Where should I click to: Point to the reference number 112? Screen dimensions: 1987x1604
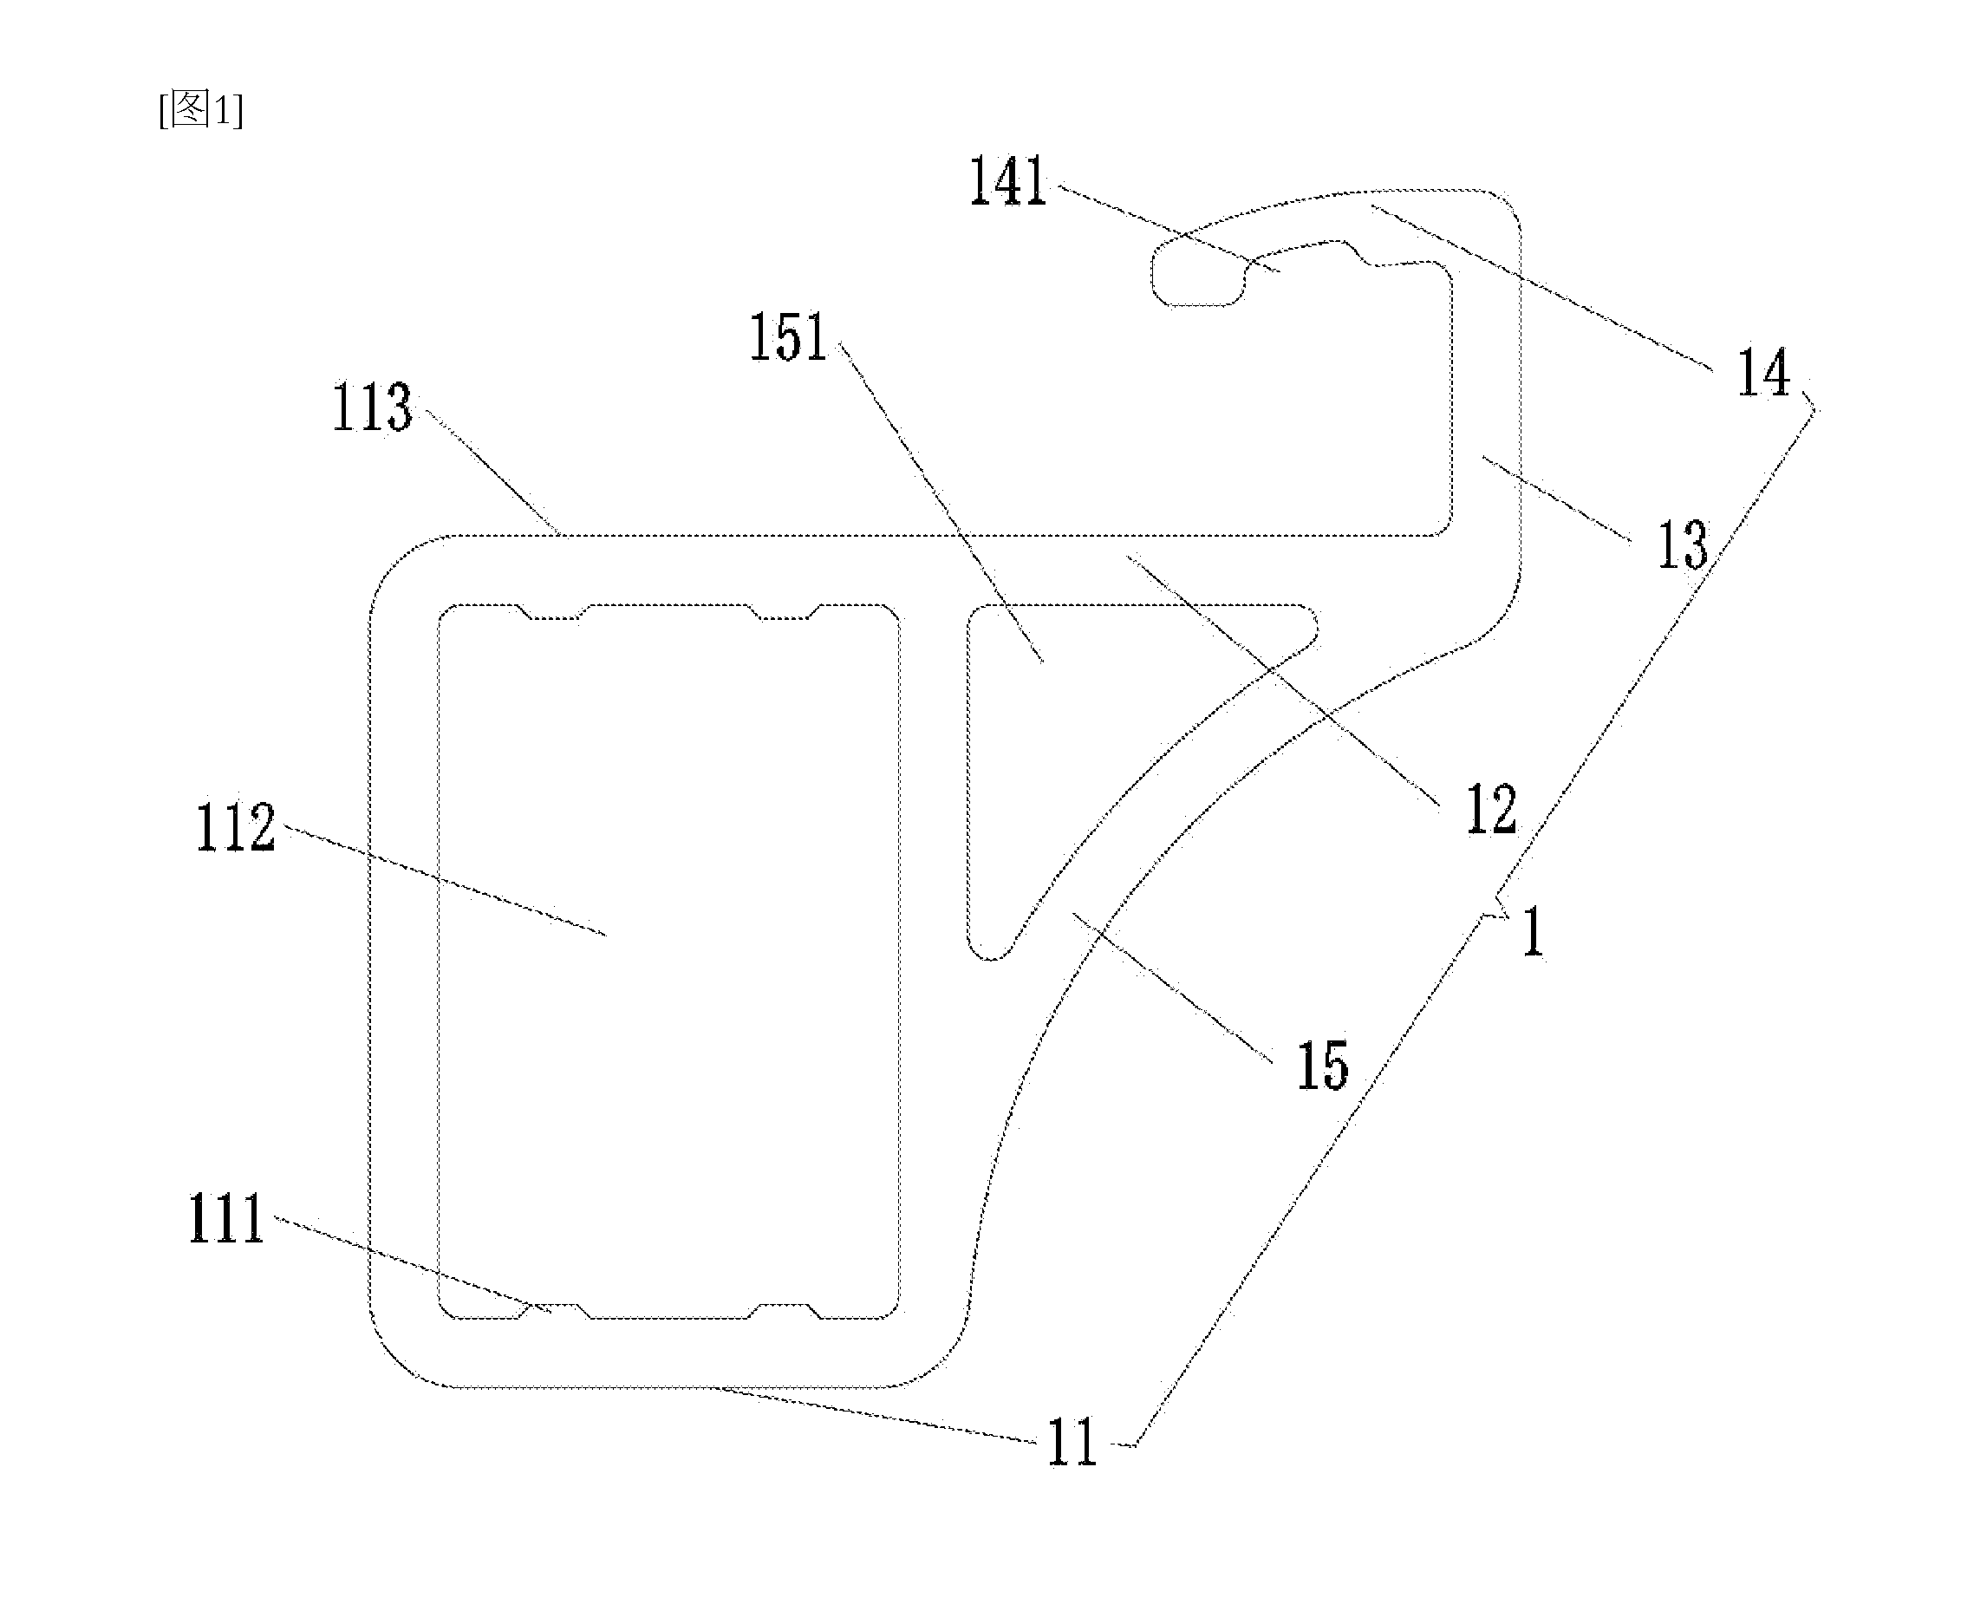coord(236,827)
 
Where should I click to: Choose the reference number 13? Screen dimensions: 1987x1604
coord(1682,545)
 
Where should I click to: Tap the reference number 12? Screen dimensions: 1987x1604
coord(1491,810)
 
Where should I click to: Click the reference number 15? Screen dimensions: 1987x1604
coord(1323,1066)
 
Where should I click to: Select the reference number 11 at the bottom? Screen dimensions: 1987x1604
coord(1072,1443)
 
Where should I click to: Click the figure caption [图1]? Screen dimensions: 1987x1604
coord(201,110)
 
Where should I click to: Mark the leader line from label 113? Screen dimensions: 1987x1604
coord(492,473)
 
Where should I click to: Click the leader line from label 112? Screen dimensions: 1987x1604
coord(445,881)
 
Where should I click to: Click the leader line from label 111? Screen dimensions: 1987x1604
coord(413,1265)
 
